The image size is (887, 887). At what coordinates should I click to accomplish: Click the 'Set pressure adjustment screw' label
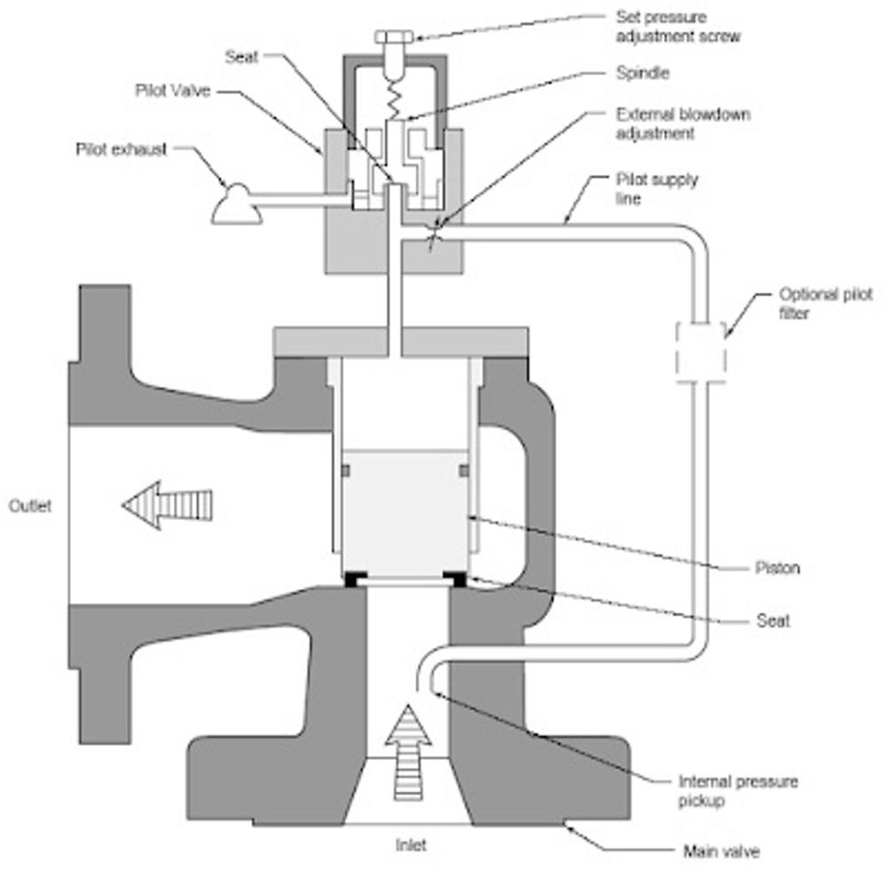pos(678,27)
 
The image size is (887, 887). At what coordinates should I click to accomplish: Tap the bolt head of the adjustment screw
pos(389,37)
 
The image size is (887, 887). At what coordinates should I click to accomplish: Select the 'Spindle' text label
pos(643,74)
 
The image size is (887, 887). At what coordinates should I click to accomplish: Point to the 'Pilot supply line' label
pos(656,189)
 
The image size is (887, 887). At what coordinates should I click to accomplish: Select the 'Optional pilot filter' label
pos(825,302)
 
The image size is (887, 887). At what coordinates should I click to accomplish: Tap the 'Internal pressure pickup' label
pos(737,791)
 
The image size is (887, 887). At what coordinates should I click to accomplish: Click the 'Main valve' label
pos(721,852)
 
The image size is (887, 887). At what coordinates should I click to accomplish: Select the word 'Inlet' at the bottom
pos(411,846)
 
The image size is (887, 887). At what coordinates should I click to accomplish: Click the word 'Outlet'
pos(30,506)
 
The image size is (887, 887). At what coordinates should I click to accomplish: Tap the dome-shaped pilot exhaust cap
pos(235,204)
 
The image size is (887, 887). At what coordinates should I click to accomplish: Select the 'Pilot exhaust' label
pos(121,149)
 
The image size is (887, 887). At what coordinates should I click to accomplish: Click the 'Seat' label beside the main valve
pos(773,621)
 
